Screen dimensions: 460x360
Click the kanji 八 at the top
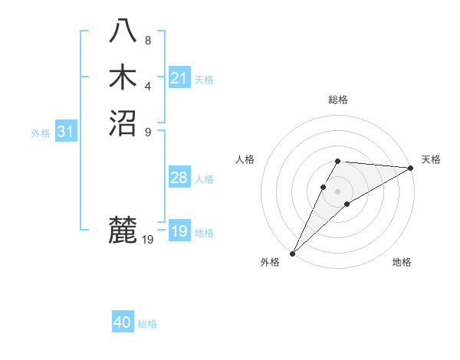(123, 31)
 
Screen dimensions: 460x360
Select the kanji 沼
(123, 122)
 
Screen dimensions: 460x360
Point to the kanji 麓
(123, 231)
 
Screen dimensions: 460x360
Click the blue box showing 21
(179, 78)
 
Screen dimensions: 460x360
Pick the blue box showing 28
(179, 178)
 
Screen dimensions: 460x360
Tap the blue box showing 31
(66, 132)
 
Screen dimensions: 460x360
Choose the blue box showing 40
(123, 322)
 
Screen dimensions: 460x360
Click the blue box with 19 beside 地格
(179, 232)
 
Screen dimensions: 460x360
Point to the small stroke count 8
(148, 40)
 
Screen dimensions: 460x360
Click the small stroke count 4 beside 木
(148, 86)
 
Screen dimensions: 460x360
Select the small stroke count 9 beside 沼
(148, 131)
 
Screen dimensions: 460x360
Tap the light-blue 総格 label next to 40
(147, 324)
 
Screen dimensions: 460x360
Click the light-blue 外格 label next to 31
(41, 133)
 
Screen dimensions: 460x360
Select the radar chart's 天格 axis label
(431, 159)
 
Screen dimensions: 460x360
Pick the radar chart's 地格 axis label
(402, 262)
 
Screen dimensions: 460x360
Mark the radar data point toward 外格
(292, 253)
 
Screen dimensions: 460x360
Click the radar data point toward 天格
(410, 168)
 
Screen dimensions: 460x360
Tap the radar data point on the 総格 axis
(337, 161)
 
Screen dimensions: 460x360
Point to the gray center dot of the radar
(337, 191)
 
